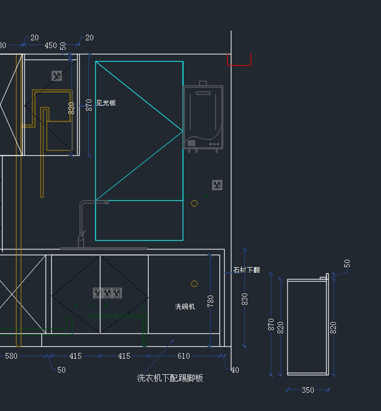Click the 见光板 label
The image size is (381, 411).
[x=106, y=103]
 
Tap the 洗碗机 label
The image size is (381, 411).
[x=185, y=307]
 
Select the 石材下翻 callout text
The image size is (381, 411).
[x=247, y=270]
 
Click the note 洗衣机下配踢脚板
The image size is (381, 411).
[x=170, y=378]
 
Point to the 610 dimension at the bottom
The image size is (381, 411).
[x=184, y=356]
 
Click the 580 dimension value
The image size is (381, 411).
[x=11, y=356]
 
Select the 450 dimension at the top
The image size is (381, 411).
[x=50, y=45]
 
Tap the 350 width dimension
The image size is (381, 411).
[x=308, y=390]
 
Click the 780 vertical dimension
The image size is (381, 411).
[x=211, y=301]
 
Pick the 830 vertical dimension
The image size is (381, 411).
[x=244, y=299]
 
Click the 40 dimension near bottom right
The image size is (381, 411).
[x=235, y=370]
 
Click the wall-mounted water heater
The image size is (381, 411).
[x=203, y=117]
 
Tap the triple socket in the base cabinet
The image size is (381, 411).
[x=107, y=293]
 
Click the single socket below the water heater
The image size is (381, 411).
[x=217, y=185]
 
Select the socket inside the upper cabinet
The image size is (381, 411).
[x=57, y=76]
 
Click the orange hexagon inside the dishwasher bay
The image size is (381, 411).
[x=194, y=284]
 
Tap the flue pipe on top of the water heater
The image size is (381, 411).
[x=203, y=83]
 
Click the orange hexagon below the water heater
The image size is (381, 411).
[x=194, y=203]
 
